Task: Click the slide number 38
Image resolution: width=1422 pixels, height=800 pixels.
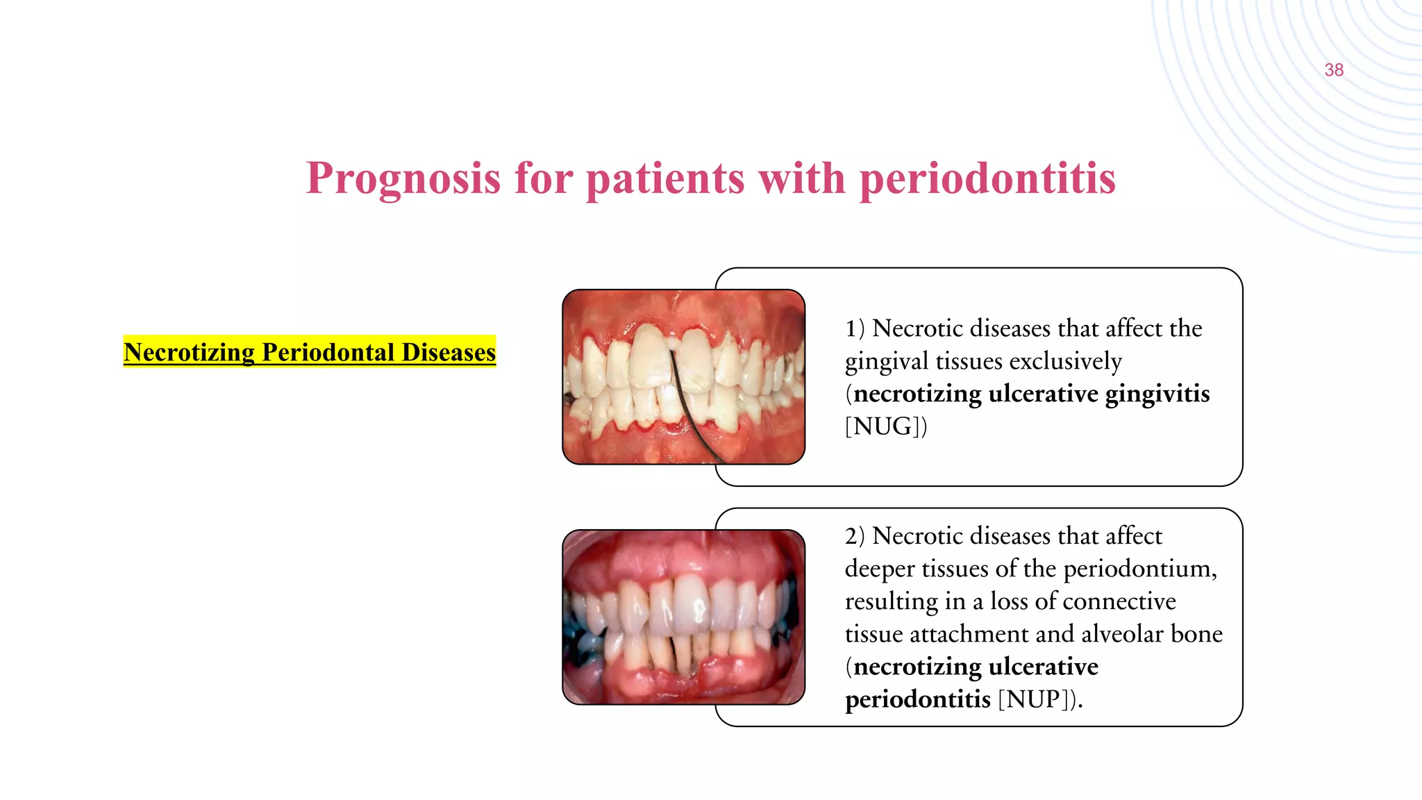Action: click(x=1333, y=70)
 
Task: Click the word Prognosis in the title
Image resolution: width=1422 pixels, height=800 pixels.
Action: click(x=403, y=179)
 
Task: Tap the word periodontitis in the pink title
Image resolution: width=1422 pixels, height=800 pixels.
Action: click(x=987, y=179)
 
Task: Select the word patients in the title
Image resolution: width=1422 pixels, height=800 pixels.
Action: click(x=665, y=179)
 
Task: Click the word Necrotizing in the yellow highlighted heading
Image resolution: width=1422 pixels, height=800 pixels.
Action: click(x=189, y=352)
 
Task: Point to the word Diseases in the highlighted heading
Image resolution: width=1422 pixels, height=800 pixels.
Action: click(x=449, y=352)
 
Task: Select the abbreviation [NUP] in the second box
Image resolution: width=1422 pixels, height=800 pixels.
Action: click(x=1035, y=699)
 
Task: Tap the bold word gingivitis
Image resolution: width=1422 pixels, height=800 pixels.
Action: click(x=1157, y=394)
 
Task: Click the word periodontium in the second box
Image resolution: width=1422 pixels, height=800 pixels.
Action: click(x=1139, y=569)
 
